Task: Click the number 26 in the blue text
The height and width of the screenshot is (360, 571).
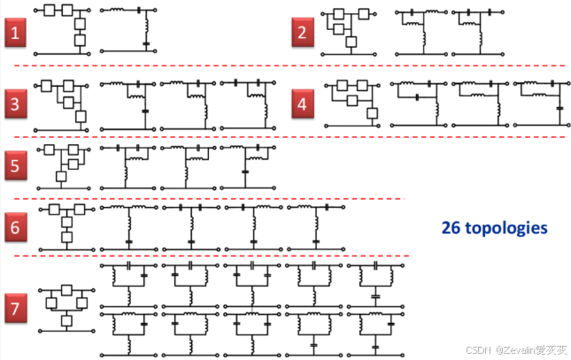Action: point(451,228)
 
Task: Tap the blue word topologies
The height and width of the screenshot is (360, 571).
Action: point(506,228)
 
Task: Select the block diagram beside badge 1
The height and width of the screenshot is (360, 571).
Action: point(65,28)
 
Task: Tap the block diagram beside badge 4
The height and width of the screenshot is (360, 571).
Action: point(354,99)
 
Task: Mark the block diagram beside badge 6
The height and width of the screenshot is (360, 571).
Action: point(65,224)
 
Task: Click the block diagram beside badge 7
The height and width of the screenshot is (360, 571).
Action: point(66,306)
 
